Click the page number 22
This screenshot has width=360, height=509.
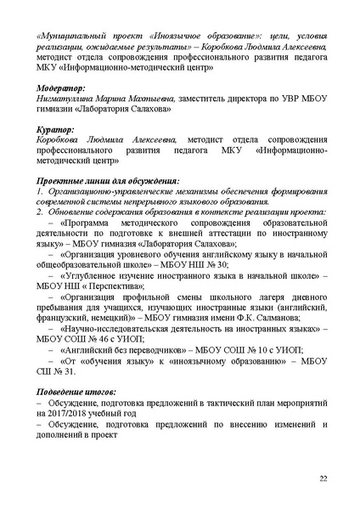(x=323, y=479)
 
